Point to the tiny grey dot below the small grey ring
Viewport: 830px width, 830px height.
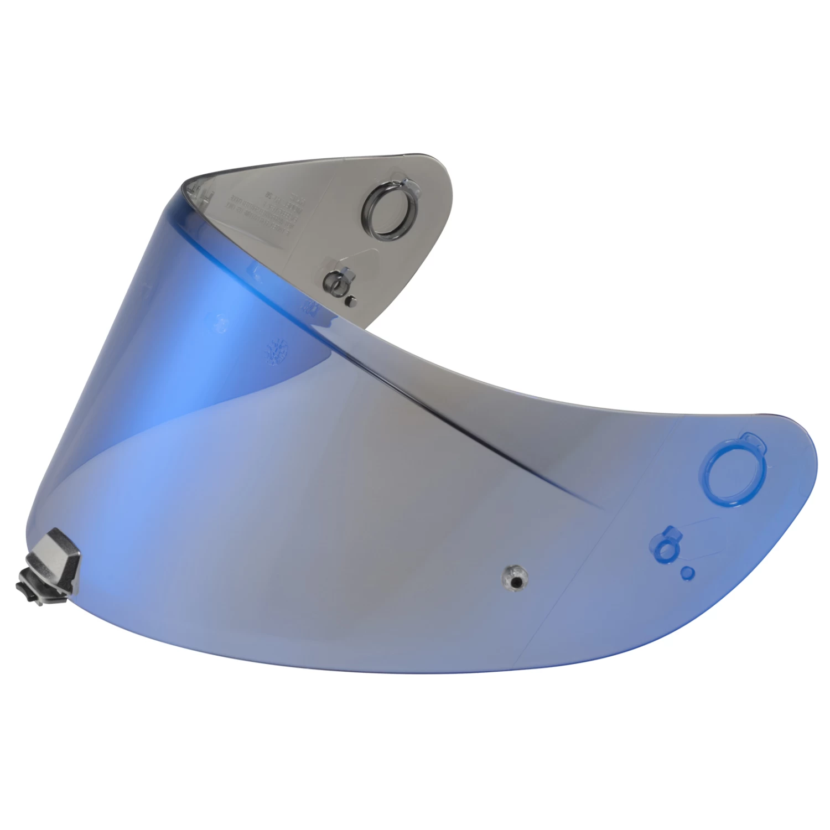click(x=350, y=300)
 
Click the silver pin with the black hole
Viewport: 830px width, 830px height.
click(x=515, y=578)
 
